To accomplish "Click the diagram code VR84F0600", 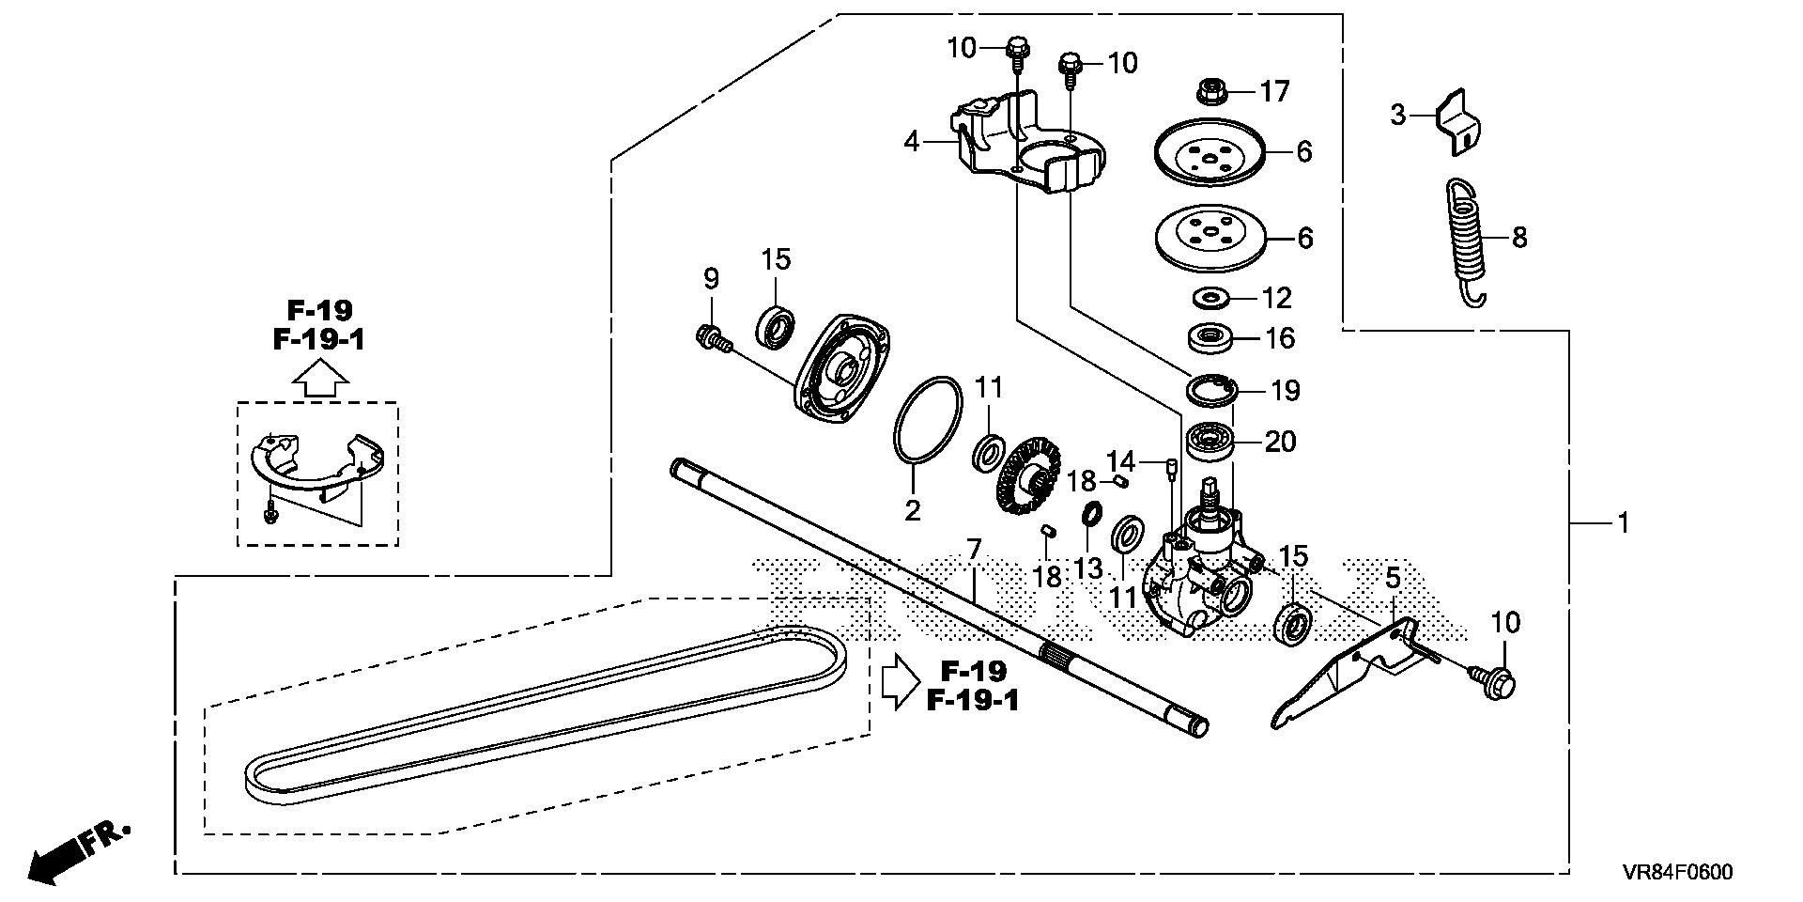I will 1676,872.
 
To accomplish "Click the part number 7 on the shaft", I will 974,549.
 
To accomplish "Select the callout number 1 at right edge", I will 1623,522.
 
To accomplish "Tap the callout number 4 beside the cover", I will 911,142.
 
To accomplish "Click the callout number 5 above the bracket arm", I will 1393,581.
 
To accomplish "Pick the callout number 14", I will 1121,461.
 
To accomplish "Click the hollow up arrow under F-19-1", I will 319,379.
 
